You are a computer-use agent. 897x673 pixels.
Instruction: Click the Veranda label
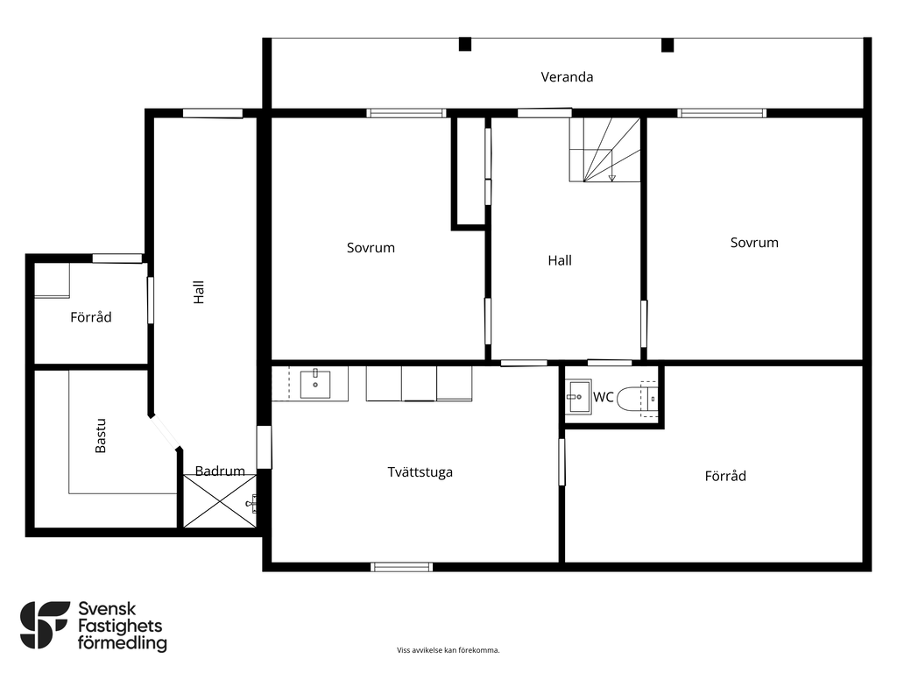tap(567, 77)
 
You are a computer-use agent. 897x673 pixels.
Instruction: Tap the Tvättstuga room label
tap(420, 472)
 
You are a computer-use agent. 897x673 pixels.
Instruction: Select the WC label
tap(603, 397)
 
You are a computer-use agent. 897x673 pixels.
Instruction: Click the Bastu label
tap(101, 436)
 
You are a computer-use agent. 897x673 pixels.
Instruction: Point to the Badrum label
tap(220, 471)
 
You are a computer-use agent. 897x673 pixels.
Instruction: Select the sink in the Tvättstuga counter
tap(315, 384)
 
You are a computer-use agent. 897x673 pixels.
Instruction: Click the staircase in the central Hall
tap(604, 150)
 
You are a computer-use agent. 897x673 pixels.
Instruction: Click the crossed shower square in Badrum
tap(220, 501)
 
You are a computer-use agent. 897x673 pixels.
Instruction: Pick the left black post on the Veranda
tap(465, 44)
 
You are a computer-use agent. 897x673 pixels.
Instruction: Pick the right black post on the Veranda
tap(667, 45)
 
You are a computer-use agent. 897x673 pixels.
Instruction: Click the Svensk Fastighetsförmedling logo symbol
tap(44, 625)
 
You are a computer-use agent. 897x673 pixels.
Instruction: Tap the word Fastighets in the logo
tap(120, 626)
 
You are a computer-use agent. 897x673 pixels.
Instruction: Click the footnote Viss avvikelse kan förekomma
tap(448, 650)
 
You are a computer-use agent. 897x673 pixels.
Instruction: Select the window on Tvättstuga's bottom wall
tap(401, 567)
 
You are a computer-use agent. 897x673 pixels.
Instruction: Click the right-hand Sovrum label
tap(754, 243)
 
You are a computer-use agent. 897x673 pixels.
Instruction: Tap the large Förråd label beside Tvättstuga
tap(725, 476)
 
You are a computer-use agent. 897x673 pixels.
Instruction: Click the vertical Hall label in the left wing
tap(199, 292)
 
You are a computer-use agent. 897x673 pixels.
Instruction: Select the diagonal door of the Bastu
tap(166, 431)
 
